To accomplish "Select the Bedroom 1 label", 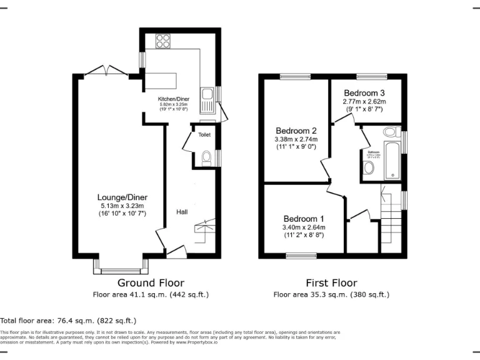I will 304,218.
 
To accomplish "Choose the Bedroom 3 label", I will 364,92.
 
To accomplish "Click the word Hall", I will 182,212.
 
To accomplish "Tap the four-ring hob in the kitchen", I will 162,41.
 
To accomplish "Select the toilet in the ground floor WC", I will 207,159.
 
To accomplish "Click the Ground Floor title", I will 151,283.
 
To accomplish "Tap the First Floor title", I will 331,283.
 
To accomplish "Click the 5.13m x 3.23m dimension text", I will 122,206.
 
